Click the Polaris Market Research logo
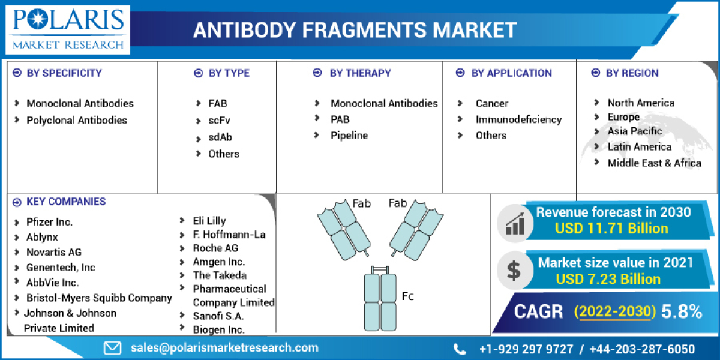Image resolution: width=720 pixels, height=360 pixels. click(68, 28)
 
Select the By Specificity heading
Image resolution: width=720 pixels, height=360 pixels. click(64, 73)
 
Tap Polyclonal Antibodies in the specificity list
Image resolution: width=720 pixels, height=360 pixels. click(77, 120)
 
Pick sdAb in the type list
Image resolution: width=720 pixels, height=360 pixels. click(220, 137)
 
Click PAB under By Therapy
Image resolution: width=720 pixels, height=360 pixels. click(340, 119)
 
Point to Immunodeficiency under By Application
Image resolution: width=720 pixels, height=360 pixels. click(518, 119)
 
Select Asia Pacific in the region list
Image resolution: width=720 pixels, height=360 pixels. click(635, 131)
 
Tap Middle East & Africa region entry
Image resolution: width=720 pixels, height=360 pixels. click(654, 163)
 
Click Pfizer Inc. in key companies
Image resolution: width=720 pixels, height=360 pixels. click(49, 221)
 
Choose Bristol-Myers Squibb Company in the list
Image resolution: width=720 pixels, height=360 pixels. click(99, 298)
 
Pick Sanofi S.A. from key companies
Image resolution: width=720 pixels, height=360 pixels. click(218, 316)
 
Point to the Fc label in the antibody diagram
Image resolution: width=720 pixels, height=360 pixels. click(407, 296)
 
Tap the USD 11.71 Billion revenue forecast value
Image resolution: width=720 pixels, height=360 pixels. click(611, 228)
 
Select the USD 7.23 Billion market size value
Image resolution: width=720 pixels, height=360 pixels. click(608, 279)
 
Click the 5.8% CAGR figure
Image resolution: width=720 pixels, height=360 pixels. click(682, 311)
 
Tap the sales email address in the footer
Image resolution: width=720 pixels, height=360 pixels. click(224, 347)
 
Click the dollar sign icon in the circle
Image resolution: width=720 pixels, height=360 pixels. click(514, 270)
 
